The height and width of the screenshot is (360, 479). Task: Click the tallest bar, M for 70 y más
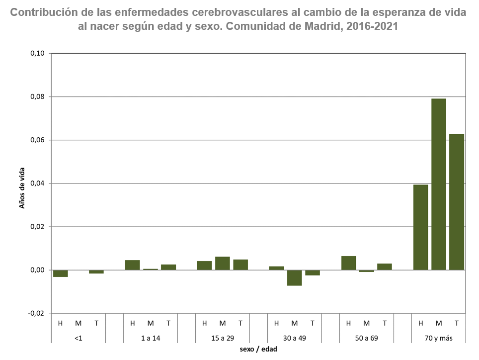pos(439,184)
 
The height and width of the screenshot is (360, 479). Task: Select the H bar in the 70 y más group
pos(421,227)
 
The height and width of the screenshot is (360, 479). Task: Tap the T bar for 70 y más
pos(457,202)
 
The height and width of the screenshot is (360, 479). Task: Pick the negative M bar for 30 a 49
pos(295,277)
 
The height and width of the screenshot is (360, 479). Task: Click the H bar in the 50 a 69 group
pos(349,263)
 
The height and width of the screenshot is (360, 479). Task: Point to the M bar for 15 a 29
pos(223,264)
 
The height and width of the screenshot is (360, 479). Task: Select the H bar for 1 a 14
pos(133,265)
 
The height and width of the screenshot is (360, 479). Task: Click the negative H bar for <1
pos(61,273)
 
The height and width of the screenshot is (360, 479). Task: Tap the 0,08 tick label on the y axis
pos(37,97)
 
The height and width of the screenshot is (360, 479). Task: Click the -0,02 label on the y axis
pos(36,314)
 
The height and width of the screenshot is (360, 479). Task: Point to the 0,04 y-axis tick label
pos(37,183)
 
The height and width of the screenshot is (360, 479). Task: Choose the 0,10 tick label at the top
pos(37,54)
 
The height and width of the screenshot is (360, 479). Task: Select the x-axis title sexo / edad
pos(258,350)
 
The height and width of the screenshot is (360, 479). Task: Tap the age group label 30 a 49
pos(295,338)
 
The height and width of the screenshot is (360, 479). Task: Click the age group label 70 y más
pos(438,338)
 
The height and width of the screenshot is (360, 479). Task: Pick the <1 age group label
pos(79,338)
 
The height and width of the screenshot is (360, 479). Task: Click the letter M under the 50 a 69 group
pos(367,323)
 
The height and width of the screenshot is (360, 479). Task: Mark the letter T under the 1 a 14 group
pos(168,323)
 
